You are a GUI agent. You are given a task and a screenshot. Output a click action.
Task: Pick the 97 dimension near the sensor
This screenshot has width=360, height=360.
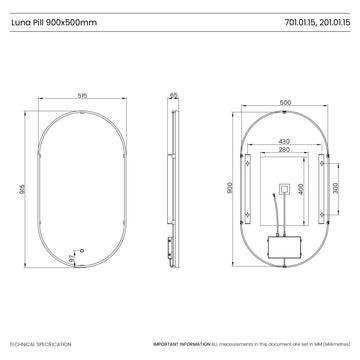tap(71, 258)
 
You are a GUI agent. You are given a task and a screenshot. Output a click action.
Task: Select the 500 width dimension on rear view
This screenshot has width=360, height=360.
tap(285, 102)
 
